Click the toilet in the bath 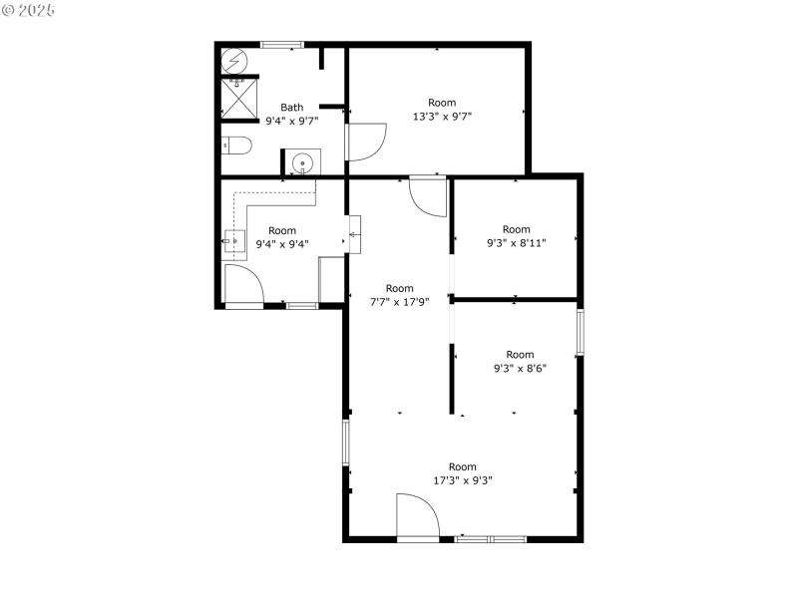coord(235,146)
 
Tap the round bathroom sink coord(303,162)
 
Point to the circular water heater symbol coord(233,60)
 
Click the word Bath coord(291,108)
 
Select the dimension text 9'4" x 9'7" coord(291,121)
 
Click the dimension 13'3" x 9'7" coord(442,116)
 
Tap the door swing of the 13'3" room coord(366,141)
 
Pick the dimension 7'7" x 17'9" coord(399,302)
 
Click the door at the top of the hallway coord(429,195)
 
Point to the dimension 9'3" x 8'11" coord(516,242)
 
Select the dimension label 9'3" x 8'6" coord(520,367)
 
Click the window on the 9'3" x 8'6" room coord(579,332)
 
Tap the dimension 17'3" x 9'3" coord(463,479)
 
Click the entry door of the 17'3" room coord(417,516)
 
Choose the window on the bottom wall coord(492,539)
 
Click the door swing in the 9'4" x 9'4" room coord(243,285)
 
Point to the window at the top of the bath coord(281,44)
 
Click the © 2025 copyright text coord(30,10)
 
